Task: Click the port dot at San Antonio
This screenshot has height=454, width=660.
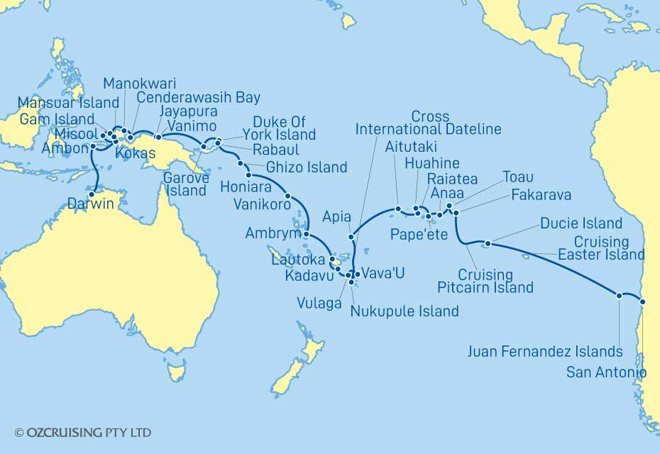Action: tap(642, 301)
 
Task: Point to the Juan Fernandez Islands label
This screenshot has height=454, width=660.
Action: tap(545, 350)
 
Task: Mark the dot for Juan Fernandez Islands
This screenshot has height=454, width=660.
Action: tap(620, 295)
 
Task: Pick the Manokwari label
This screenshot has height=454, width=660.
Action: tap(140, 82)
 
